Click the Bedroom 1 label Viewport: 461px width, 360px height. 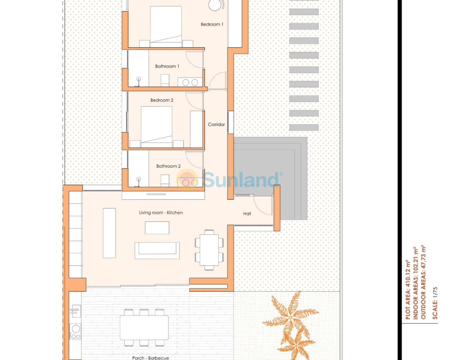pyautogui.click(x=212, y=24)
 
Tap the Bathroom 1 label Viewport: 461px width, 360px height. pyautogui.click(x=167, y=67)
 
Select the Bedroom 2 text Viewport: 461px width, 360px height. pyautogui.click(x=162, y=100)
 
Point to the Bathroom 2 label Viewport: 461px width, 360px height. pyautogui.click(x=168, y=166)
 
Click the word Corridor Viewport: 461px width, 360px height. pyautogui.click(x=216, y=125)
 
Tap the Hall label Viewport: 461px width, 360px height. pyautogui.click(x=247, y=214)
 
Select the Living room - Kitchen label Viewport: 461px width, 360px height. pyautogui.click(x=161, y=212)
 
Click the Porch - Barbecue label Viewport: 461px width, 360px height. pyautogui.click(x=150, y=358)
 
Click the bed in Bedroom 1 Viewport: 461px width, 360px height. pyautogui.click(x=166, y=27)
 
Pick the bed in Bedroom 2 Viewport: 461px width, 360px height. pyautogui.click(x=156, y=127)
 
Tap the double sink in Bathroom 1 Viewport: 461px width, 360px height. pyautogui.click(x=190, y=82)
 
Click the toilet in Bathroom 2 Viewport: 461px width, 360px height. pyautogui.click(x=165, y=180)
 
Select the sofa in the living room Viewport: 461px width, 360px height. pyautogui.click(x=157, y=250)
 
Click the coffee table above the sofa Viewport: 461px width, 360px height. pyautogui.click(x=157, y=228)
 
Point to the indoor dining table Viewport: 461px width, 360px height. pyautogui.click(x=209, y=250)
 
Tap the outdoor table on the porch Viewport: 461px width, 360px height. pyautogui.click(x=144, y=328)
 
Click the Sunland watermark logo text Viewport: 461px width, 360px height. pyautogui.click(x=240, y=179)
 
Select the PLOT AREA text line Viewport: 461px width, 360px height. pyautogui.click(x=407, y=289)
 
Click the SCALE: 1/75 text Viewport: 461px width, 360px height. pyautogui.click(x=435, y=303)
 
